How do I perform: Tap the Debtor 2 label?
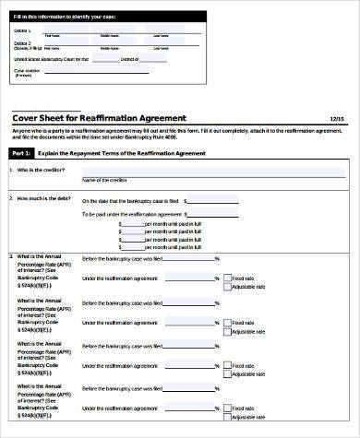[x=22, y=42]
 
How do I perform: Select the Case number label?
[x=27, y=69]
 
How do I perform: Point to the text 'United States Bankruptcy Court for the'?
[x=51, y=58]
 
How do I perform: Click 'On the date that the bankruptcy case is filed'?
[x=131, y=199]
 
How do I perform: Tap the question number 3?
[x=11, y=255]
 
